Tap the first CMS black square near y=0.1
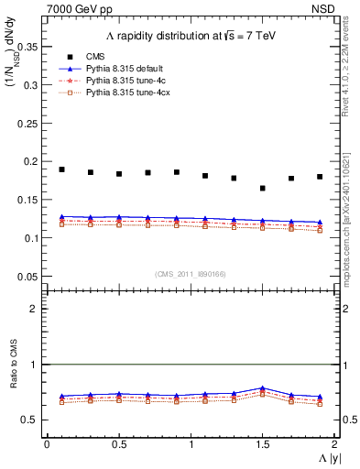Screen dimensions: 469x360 tap(61, 169)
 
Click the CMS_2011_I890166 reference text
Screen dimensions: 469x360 tap(191, 273)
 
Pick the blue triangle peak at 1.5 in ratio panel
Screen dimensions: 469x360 tap(264, 388)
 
